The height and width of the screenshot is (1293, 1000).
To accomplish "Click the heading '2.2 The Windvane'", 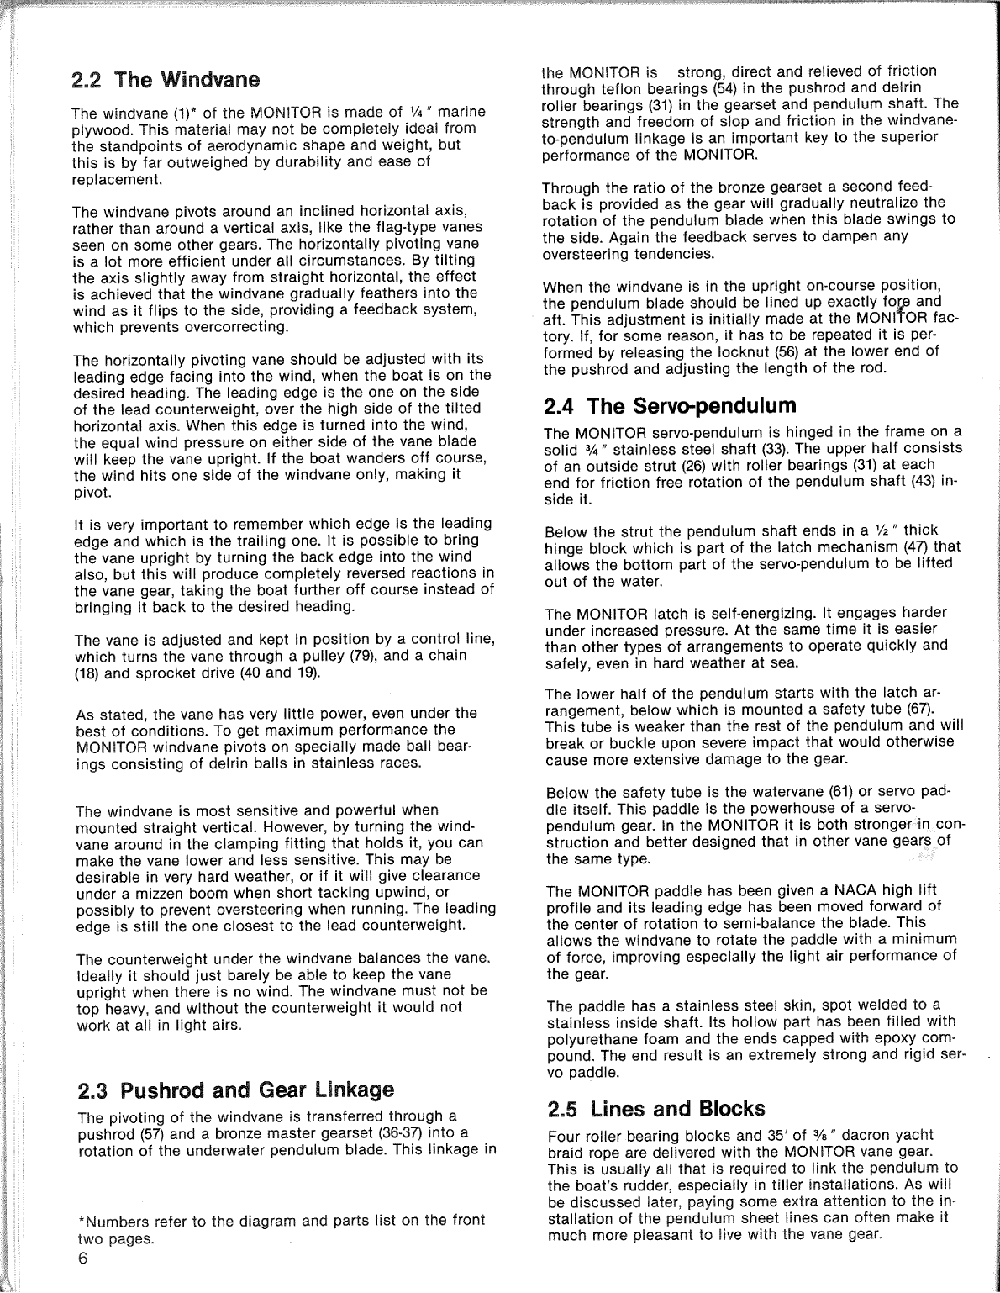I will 166,81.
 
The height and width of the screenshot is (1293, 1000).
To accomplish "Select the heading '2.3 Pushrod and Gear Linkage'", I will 235,1090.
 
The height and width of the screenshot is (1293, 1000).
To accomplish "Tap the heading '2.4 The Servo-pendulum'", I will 670,406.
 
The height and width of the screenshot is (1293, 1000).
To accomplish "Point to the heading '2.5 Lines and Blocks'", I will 655,1108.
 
